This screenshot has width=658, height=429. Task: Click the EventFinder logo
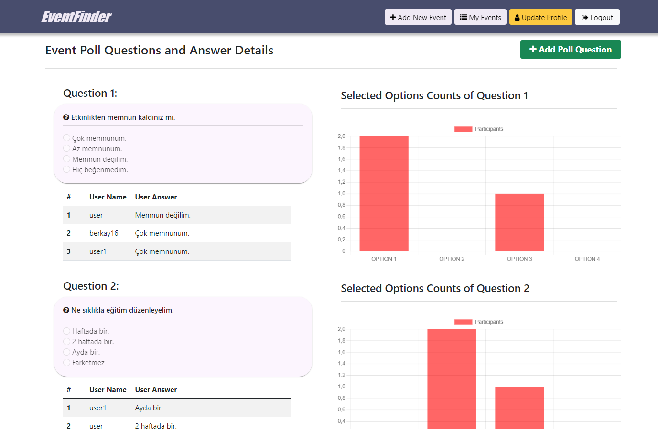(x=76, y=17)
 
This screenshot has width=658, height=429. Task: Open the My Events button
(x=480, y=17)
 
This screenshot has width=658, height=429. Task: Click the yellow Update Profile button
(x=540, y=17)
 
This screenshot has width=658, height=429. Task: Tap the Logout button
(x=597, y=17)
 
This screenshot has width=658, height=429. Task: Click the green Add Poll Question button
(x=570, y=50)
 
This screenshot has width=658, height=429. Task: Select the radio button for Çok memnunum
(x=67, y=138)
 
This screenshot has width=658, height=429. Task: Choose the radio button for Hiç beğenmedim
(x=67, y=169)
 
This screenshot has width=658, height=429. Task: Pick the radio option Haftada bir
(x=67, y=331)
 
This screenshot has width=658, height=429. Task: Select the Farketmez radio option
(x=67, y=362)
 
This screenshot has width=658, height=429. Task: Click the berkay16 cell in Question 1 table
(x=104, y=233)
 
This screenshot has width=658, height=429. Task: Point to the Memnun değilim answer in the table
(x=162, y=215)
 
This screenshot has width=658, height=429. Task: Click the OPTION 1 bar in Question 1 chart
(x=384, y=193)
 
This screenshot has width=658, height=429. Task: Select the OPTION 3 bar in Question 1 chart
(x=519, y=222)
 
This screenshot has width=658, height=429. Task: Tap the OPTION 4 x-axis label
(x=587, y=259)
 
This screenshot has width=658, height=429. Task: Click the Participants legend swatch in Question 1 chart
(x=463, y=129)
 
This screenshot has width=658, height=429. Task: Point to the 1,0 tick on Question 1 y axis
(x=342, y=193)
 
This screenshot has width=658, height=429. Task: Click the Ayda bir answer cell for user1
(x=149, y=408)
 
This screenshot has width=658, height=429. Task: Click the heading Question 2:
(x=91, y=286)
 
